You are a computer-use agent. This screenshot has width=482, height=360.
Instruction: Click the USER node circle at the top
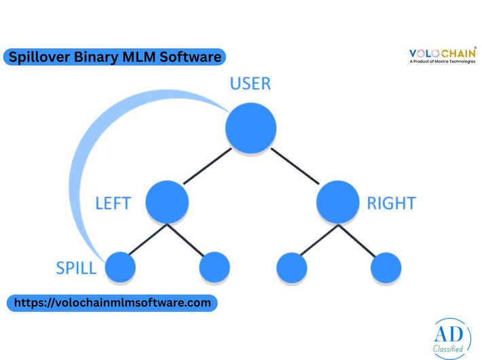pyautogui.click(x=251, y=128)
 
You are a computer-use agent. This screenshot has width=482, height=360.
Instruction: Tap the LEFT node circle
pyautogui.click(x=166, y=202)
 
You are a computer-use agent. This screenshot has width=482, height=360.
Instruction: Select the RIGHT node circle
pyautogui.click(x=337, y=202)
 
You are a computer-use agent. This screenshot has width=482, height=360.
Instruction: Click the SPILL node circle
pyautogui.click(x=120, y=267)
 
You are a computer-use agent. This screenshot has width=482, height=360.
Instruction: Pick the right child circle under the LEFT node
pyautogui.click(x=215, y=267)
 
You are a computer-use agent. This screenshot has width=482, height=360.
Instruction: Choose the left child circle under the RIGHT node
pyautogui.click(x=292, y=267)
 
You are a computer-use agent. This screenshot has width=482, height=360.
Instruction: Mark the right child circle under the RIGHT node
pyautogui.click(x=386, y=267)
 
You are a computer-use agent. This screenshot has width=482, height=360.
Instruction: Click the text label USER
pyautogui.click(x=250, y=84)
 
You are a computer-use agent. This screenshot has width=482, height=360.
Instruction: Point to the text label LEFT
pyautogui.click(x=113, y=203)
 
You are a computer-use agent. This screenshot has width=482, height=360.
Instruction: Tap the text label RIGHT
pyautogui.click(x=391, y=203)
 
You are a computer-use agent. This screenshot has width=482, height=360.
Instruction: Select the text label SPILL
pyautogui.click(x=76, y=268)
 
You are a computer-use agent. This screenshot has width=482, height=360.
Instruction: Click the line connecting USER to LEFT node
pyautogui.click(x=207, y=166)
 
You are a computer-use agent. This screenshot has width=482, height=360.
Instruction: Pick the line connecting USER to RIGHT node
pyautogui.click(x=295, y=166)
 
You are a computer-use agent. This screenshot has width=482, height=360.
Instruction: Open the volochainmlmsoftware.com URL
pyautogui.click(x=112, y=303)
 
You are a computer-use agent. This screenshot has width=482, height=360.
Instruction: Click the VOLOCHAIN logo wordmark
pyautogui.click(x=443, y=53)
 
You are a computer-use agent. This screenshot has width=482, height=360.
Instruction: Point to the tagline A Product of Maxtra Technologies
pyautogui.click(x=443, y=62)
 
